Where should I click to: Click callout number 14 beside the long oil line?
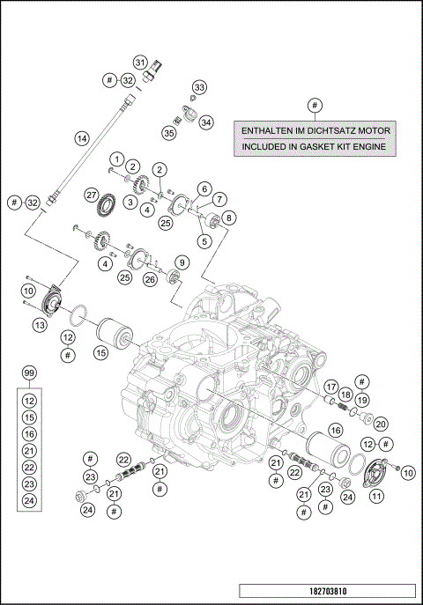coord(81,138)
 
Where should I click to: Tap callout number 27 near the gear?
coord(91,194)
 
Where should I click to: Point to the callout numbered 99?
coord(29,374)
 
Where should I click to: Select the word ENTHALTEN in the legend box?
coord(268,129)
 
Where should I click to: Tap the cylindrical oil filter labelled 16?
coord(322,448)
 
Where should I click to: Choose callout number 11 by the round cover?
coord(376,496)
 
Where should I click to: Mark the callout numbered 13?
coord(38,326)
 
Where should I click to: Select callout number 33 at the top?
coord(199,87)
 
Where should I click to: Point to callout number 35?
coord(168,133)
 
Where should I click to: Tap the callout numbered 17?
coord(330,387)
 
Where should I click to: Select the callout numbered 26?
coord(150,279)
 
